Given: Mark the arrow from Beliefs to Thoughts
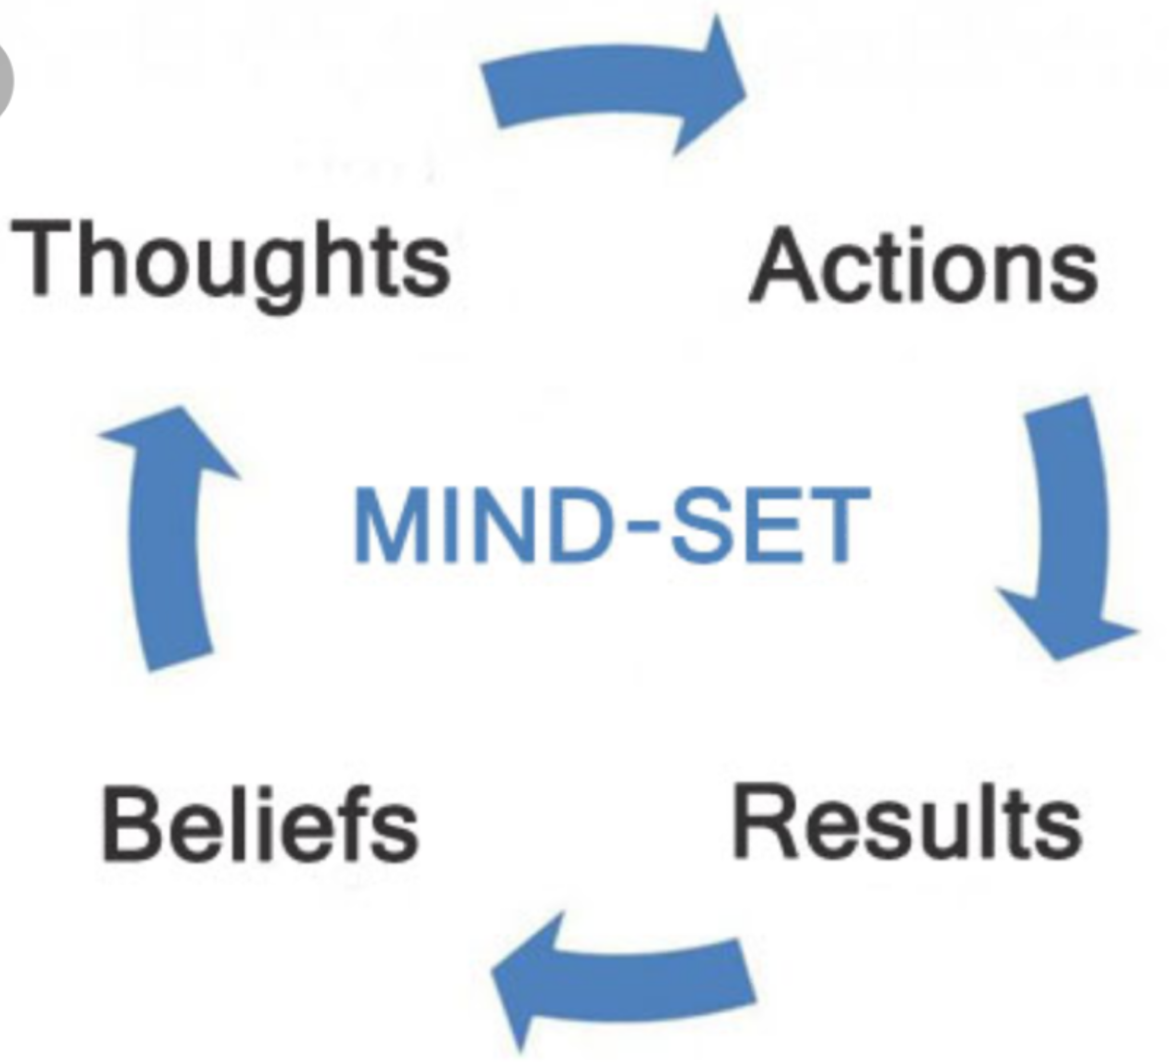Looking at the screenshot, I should pos(168,539).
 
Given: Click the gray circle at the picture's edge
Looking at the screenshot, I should pos(5,81).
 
